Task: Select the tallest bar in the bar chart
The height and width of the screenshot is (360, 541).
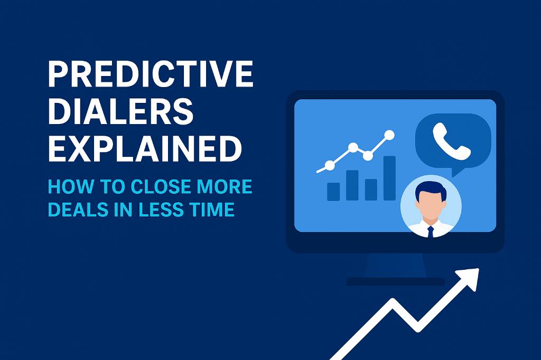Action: coord(389,178)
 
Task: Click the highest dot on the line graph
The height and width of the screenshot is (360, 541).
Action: coord(390,135)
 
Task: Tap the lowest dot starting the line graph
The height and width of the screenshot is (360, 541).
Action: coord(330,165)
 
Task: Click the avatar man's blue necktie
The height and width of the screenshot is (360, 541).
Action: coord(431,231)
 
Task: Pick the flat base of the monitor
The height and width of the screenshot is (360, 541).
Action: coord(395,281)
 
